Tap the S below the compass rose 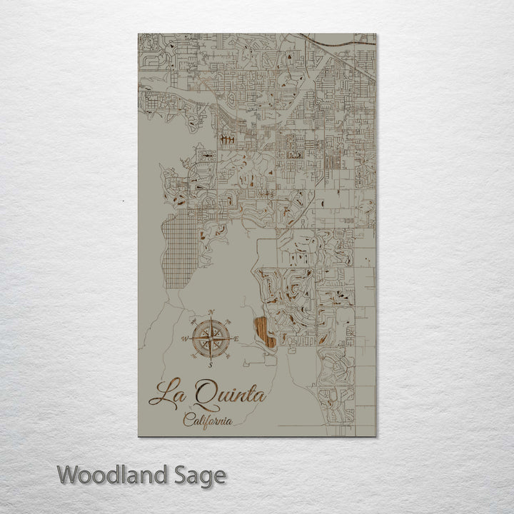point(211,365)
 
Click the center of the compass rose point(211,338)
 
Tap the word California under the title point(207,420)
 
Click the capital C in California point(188,420)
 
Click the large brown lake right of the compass point(265,332)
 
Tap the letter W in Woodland point(69,474)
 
